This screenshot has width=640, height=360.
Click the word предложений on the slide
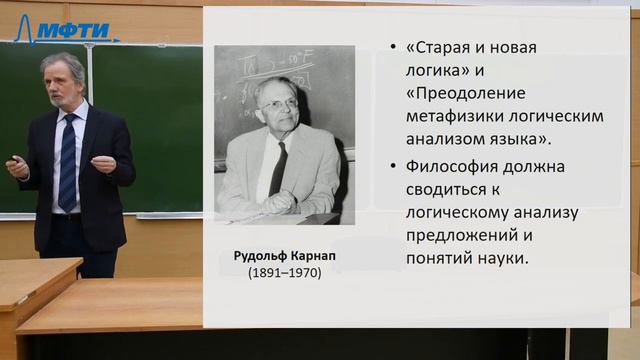[461, 235]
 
